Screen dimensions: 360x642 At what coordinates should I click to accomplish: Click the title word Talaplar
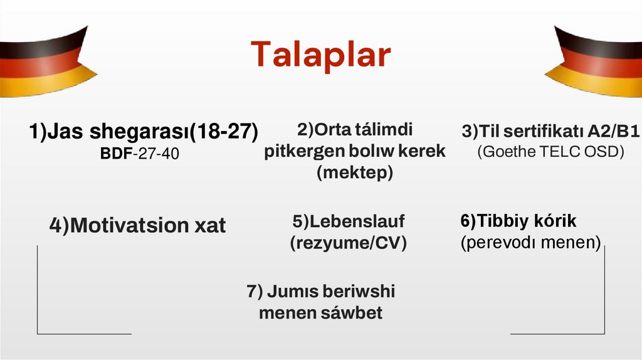pyautogui.click(x=320, y=55)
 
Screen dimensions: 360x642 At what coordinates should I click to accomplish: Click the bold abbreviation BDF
pyautogui.click(x=115, y=153)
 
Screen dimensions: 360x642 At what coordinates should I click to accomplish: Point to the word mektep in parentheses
pyautogui.click(x=354, y=172)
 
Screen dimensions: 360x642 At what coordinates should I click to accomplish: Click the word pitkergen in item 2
pyautogui.click(x=300, y=151)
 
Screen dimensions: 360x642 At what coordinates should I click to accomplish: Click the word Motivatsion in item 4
pyautogui.click(x=120, y=226)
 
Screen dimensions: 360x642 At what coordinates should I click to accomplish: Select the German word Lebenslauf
pyautogui.click(x=355, y=221)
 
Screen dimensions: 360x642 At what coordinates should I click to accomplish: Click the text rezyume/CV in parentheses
pyautogui.click(x=348, y=243)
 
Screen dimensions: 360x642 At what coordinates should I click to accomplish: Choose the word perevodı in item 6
pyautogui.click(x=509, y=242)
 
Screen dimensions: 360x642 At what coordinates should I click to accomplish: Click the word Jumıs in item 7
pyautogui.click(x=288, y=292)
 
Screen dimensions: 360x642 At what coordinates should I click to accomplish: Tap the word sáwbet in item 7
pyautogui.click(x=352, y=312)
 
